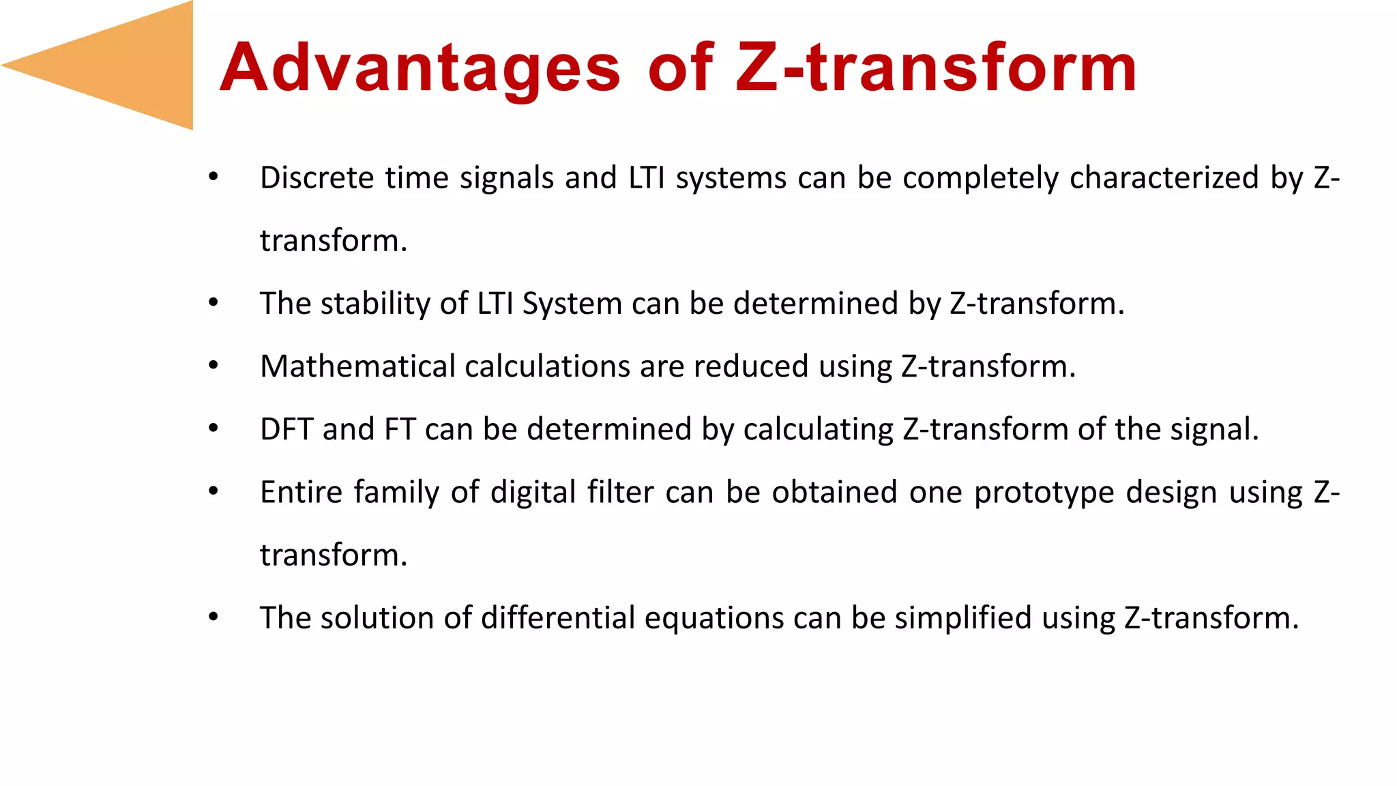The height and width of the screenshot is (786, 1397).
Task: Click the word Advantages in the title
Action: pyautogui.click(x=420, y=68)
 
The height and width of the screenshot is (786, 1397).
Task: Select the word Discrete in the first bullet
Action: pyautogui.click(x=317, y=178)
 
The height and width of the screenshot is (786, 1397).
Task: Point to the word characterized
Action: pyautogui.click(x=1164, y=178)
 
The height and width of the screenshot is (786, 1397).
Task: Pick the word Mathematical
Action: pyautogui.click(x=357, y=366)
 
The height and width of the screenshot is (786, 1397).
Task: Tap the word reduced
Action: pyautogui.click(x=751, y=366)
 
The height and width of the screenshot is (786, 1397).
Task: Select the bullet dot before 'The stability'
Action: pyautogui.click(x=214, y=302)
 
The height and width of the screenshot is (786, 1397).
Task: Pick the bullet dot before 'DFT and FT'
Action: pyautogui.click(x=214, y=428)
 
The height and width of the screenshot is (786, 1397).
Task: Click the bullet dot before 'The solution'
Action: pyautogui.click(x=214, y=617)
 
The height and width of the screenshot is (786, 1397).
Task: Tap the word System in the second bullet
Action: pyautogui.click(x=572, y=304)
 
